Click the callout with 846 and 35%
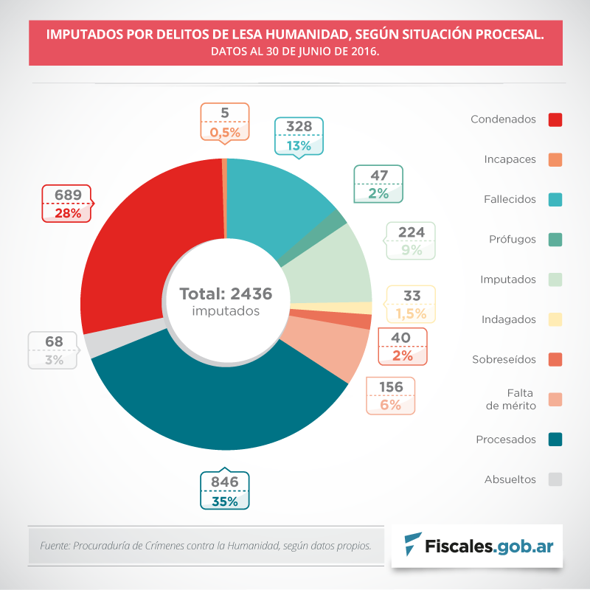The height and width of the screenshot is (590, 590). [x=225, y=491]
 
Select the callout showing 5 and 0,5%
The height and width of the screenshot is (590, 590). [x=225, y=122]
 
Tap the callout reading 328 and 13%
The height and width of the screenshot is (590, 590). [x=299, y=136]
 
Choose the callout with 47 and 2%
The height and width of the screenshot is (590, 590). [x=379, y=184]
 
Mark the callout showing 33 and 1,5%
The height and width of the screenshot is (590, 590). [x=412, y=305]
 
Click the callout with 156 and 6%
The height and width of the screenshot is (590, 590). [x=391, y=395]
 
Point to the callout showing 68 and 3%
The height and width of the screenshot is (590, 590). [x=54, y=350]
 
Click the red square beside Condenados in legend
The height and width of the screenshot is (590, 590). [x=556, y=119]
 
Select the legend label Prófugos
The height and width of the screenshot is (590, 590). [x=513, y=239]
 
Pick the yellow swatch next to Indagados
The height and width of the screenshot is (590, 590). [x=556, y=319]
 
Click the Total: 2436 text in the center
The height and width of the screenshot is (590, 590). [x=226, y=294]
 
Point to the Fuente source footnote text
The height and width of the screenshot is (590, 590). [x=205, y=546]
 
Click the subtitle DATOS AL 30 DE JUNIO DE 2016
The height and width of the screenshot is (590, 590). [x=295, y=52]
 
